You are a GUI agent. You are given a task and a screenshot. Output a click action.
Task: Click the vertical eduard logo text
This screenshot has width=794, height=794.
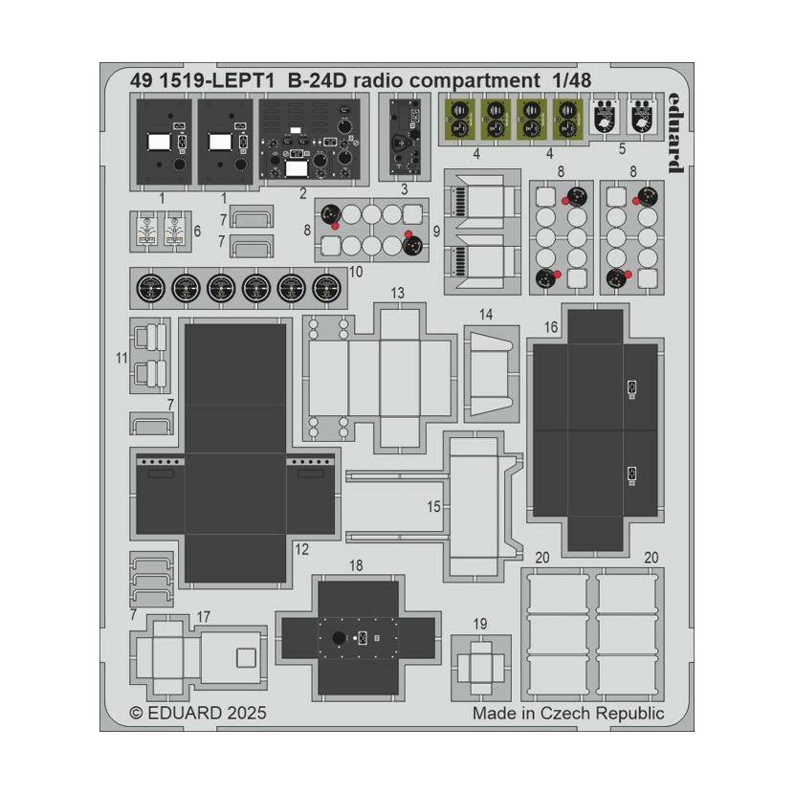[x=675, y=133]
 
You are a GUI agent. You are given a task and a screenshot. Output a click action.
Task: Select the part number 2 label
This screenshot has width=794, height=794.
[x=303, y=193]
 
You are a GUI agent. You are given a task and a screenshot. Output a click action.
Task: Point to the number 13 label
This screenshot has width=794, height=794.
[x=398, y=293]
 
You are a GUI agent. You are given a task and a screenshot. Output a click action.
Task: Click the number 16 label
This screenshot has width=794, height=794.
[x=551, y=327]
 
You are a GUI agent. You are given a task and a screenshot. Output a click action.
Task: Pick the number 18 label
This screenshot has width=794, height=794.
[x=356, y=565]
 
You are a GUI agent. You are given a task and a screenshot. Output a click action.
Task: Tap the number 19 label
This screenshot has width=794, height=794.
[x=480, y=624]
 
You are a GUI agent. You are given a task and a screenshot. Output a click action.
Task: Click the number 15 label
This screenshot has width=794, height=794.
[x=433, y=506]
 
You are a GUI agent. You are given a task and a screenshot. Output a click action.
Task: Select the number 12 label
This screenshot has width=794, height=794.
[x=301, y=549]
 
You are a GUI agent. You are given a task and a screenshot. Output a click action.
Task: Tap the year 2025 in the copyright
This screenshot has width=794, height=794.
[x=247, y=713]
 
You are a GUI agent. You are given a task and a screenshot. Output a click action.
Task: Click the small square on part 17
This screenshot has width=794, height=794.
[x=246, y=658]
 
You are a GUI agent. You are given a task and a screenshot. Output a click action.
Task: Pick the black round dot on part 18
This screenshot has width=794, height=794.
[x=339, y=638]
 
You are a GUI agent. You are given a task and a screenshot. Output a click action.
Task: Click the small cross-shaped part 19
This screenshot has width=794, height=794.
[x=480, y=668]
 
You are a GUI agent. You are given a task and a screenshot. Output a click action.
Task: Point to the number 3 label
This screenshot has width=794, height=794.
[x=404, y=189]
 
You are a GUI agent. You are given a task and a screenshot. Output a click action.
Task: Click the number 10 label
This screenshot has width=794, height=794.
[x=356, y=272]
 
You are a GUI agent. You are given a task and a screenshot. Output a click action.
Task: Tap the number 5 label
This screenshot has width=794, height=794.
[x=622, y=149]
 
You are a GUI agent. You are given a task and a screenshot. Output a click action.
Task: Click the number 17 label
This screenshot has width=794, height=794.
[x=203, y=617]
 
